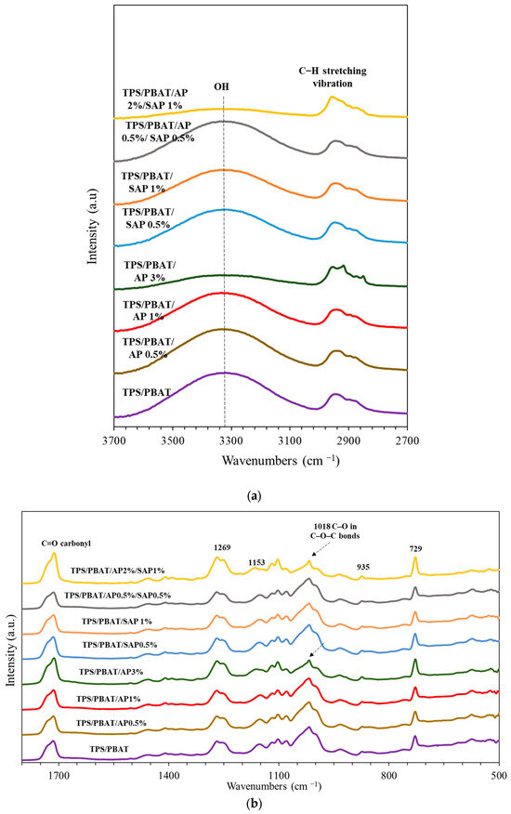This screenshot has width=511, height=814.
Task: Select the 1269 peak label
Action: (220, 549)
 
